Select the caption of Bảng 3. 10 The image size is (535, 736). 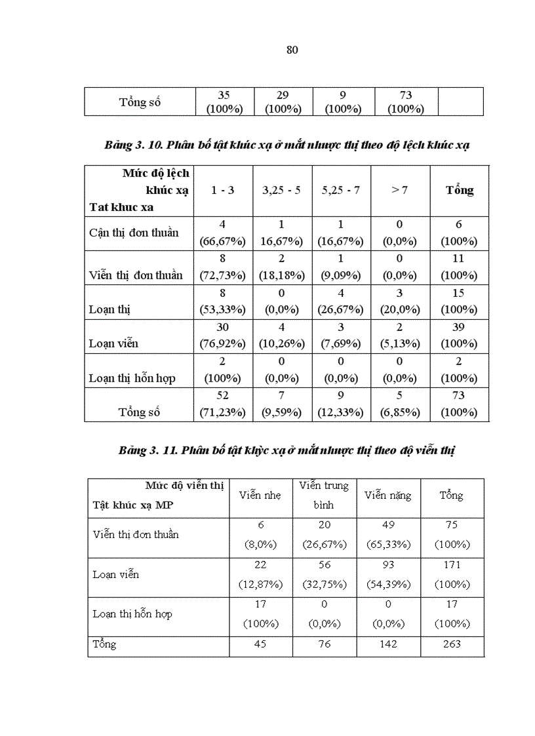coord(287,145)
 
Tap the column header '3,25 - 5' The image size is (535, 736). coord(282,191)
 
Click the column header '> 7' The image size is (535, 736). coord(399,191)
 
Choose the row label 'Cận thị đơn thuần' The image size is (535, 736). coord(134,233)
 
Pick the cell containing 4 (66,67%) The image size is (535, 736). coord(222,233)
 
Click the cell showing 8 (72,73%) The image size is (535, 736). coord(222,267)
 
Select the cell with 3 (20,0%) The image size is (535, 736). coord(399,301)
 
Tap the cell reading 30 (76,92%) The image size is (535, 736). coord(222,335)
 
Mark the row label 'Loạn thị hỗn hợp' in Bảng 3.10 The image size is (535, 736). coord(132,378)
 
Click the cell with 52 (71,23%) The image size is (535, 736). coord(222,404)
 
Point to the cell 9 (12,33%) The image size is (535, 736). coord(340,404)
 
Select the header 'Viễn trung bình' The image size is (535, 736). coord(324,495)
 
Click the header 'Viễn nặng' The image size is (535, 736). coord(388,495)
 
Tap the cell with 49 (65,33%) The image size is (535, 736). coord(388,534)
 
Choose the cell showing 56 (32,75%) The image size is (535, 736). coord(324,574)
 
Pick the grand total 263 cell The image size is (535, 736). coord(452,644)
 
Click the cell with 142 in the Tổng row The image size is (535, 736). coord(388,644)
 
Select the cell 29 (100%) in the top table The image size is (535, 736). coord(283,102)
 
